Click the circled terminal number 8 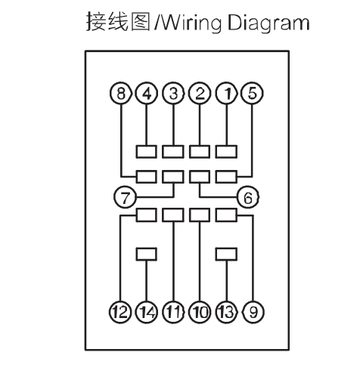pos(121,93)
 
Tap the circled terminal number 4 pos(147,93)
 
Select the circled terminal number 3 pos(173,93)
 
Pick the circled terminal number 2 pos(200,93)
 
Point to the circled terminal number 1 pos(227,93)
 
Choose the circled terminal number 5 pos(253,93)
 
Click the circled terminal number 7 pos(125,197)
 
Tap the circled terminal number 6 pos(248,197)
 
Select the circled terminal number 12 pos(120,312)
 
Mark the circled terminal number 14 pos(147,312)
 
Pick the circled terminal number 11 pos(173,312)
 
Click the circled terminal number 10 pos(200,312)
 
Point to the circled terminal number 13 pos(226,312)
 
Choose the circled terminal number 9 pos(253,312)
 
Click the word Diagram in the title pos(268,23)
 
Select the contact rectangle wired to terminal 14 pos(147,254)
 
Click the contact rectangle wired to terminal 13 pos(226,254)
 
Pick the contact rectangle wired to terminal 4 pos(147,152)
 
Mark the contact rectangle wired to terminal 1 pos(226,152)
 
